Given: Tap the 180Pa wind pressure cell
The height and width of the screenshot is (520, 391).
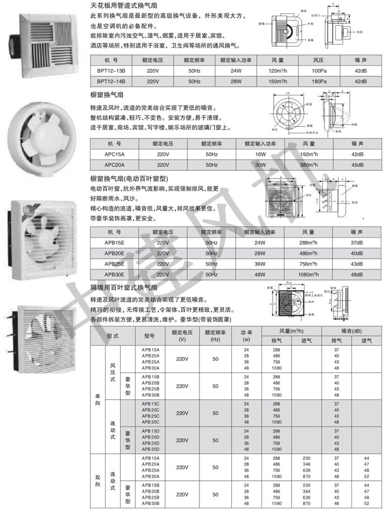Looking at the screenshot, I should click(x=319, y=81).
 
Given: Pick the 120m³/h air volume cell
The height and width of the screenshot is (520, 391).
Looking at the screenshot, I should click(x=278, y=71).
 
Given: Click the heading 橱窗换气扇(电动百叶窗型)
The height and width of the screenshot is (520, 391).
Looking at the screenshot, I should click(x=132, y=179).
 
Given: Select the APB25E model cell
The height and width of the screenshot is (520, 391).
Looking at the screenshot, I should click(x=115, y=264).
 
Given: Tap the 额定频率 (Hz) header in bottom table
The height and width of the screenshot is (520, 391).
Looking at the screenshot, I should click(x=216, y=335).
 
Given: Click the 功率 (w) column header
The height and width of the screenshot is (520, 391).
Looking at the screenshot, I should click(x=246, y=335).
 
